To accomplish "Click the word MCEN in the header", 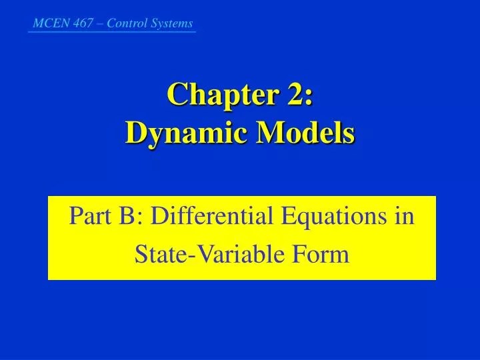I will pos(46,23).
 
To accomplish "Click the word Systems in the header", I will pos(171,23).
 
